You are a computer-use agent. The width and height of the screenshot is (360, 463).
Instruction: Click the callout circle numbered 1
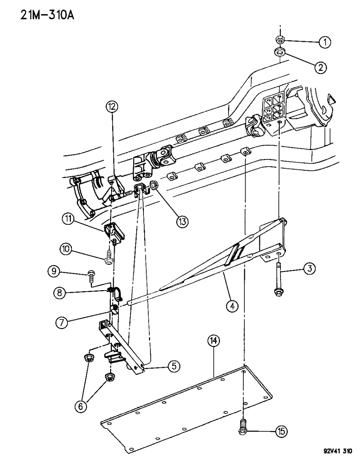(x=325, y=42)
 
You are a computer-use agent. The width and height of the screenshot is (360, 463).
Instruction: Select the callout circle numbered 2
(x=320, y=67)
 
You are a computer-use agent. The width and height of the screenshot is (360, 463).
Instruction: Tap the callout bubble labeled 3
(x=310, y=269)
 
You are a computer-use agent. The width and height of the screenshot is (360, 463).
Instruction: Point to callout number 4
(x=232, y=306)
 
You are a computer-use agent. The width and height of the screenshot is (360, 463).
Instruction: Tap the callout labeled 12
(x=112, y=107)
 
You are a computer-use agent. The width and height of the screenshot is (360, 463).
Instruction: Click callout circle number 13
(x=181, y=221)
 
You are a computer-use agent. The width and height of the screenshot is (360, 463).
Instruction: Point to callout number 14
(x=214, y=341)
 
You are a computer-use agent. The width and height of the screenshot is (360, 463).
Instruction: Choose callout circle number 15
(x=281, y=431)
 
